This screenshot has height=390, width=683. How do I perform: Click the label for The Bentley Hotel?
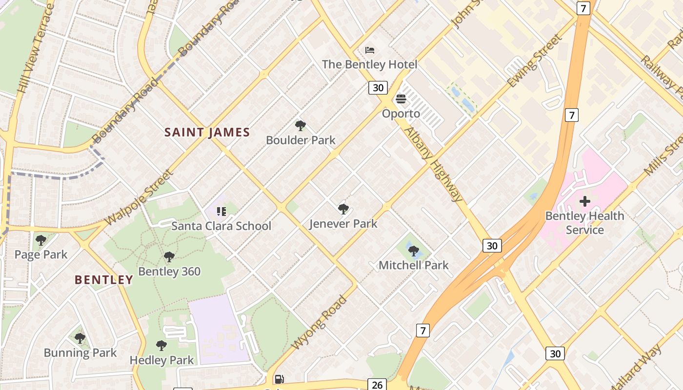click(369, 64)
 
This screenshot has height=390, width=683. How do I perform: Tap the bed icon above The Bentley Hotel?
click(370, 50)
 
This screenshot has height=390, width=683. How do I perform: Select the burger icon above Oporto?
click(401, 99)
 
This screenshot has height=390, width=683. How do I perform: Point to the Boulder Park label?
click(301, 140)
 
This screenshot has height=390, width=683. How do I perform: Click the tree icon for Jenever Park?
click(343, 209)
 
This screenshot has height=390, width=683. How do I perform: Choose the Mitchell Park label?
click(414, 265)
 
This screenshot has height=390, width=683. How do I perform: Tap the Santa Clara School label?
click(221, 226)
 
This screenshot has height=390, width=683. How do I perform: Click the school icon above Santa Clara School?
click(221, 211)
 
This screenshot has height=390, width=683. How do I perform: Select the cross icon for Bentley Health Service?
click(584, 201)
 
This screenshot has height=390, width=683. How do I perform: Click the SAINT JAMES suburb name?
click(207, 132)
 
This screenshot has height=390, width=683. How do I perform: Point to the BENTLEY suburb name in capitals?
click(103, 280)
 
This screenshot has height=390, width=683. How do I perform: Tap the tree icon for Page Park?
click(41, 240)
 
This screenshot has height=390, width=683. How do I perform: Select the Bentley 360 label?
click(169, 272)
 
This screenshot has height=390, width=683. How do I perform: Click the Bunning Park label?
click(80, 353)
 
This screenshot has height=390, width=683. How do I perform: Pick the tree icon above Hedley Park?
click(161, 346)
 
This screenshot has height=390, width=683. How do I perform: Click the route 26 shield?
click(377, 385)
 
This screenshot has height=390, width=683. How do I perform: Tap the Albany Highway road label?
click(433, 164)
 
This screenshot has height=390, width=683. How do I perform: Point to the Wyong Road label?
click(319, 322)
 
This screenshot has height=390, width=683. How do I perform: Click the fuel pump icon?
click(279, 379)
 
